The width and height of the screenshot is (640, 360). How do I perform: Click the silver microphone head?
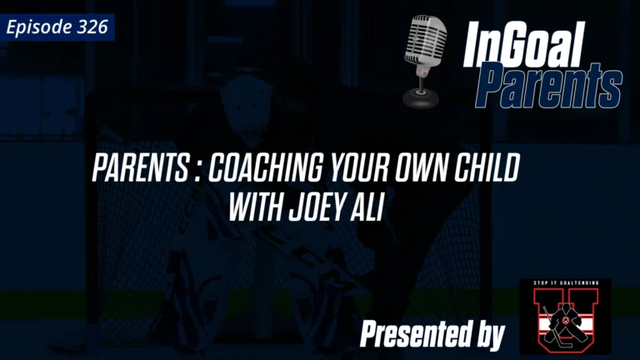point(426,41)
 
